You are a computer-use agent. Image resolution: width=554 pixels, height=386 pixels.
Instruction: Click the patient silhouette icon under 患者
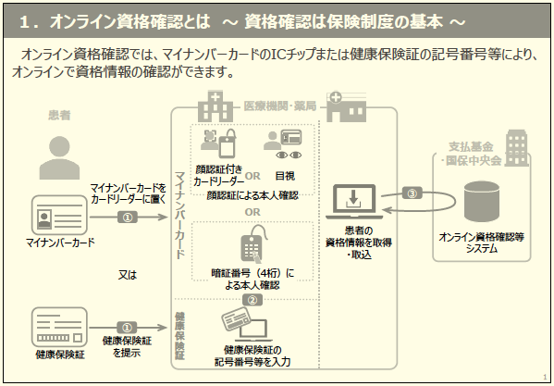(x=59, y=157)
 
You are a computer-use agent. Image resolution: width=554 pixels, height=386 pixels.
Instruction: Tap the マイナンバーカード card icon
(x=59, y=215)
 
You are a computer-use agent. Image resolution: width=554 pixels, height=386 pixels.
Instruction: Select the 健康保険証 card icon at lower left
(x=59, y=327)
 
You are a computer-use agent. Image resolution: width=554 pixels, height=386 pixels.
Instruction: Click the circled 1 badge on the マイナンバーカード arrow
(x=128, y=217)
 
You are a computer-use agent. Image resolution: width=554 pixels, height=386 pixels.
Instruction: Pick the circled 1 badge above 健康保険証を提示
(x=127, y=328)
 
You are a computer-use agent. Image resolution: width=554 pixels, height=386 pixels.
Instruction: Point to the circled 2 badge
(x=252, y=300)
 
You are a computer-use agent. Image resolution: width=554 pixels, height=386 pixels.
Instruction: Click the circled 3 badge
(x=412, y=193)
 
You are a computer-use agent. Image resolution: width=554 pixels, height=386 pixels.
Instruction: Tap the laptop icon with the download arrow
(x=354, y=202)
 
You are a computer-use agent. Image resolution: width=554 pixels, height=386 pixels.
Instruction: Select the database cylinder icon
(x=482, y=202)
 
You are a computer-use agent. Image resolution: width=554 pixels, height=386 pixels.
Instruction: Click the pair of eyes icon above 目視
(x=289, y=155)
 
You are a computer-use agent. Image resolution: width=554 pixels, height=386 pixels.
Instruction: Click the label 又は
(x=128, y=275)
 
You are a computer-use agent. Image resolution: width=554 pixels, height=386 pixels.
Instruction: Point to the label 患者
(x=59, y=115)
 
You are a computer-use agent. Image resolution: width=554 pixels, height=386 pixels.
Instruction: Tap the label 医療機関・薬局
(x=280, y=106)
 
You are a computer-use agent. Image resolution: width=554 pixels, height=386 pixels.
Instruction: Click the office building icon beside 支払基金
(x=517, y=148)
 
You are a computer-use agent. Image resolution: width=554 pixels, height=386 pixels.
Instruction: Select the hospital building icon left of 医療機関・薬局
(x=215, y=106)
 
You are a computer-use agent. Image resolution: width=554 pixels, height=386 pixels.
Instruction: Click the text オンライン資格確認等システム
(x=482, y=243)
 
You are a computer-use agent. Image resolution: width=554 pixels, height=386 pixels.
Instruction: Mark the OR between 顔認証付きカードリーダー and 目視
(x=252, y=176)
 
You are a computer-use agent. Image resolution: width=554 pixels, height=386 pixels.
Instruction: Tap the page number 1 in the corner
(x=545, y=377)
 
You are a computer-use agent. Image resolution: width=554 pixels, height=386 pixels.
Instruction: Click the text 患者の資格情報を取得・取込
(x=359, y=243)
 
